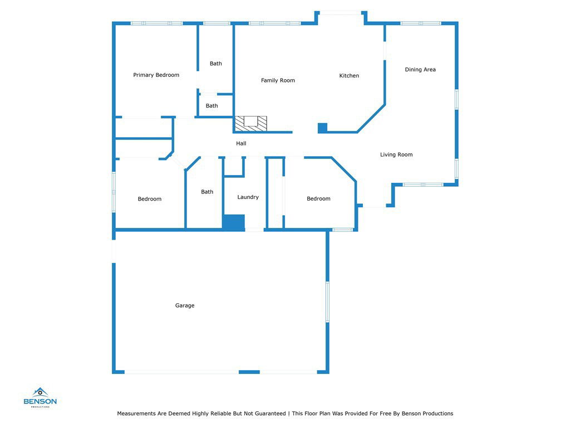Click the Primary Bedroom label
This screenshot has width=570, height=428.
[156, 75]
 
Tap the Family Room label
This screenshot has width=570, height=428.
[278, 80]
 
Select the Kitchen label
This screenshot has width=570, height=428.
[349, 76]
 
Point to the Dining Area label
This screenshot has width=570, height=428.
[420, 70]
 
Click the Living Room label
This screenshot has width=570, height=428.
[396, 155]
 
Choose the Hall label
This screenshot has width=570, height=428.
[241, 143]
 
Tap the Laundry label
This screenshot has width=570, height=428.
[248, 197]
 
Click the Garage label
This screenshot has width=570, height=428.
[185, 306]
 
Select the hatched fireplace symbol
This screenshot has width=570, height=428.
[251, 124]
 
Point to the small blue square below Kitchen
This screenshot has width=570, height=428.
[322, 128]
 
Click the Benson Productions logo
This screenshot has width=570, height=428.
[40, 397]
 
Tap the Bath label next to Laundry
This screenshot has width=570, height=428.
[207, 192]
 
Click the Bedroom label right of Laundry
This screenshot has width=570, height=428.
[318, 199]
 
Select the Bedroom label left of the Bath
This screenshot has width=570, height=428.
[149, 199]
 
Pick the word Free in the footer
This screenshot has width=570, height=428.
[386, 414]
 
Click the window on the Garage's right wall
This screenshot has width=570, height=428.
[327, 301]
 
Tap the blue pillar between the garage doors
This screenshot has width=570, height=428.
[249, 372]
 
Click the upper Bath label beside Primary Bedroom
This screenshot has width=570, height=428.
[215, 64]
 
